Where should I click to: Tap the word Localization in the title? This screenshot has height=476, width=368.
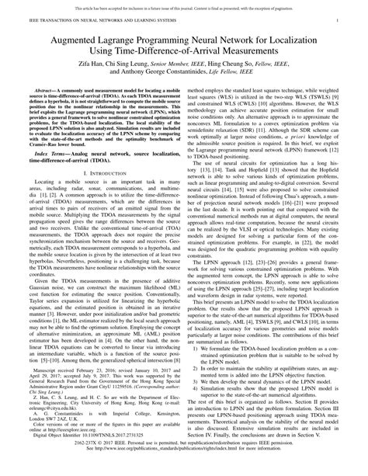[x=312, y=36]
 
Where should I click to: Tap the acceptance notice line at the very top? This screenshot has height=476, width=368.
[x=184, y=4]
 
